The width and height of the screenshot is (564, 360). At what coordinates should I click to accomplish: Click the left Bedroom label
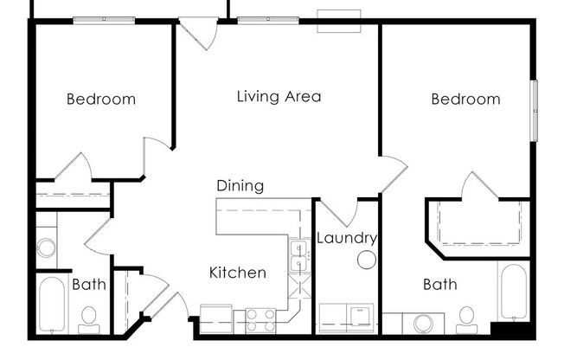click(x=101, y=100)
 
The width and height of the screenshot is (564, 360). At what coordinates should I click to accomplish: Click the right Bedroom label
click(x=465, y=100)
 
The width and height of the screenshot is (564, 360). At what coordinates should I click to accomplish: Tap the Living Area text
click(x=279, y=96)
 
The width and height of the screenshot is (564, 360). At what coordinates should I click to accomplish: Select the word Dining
click(x=240, y=186)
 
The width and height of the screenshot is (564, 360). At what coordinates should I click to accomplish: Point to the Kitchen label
click(x=238, y=273)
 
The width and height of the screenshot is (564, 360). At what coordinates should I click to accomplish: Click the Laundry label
click(x=346, y=238)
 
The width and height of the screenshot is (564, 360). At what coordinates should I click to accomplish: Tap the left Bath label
click(x=88, y=284)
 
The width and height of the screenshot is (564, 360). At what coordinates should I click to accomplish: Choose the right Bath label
click(x=439, y=284)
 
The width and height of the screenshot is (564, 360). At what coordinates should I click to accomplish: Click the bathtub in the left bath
click(x=51, y=305)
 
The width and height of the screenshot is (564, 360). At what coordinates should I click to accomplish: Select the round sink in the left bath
click(x=47, y=247)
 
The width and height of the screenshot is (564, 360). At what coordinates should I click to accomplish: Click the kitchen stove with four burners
click(x=260, y=319)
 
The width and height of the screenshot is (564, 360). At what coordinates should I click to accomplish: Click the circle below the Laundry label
click(x=367, y=259)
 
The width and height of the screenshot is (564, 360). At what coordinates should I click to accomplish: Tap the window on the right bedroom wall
click(x=535, y=108)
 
